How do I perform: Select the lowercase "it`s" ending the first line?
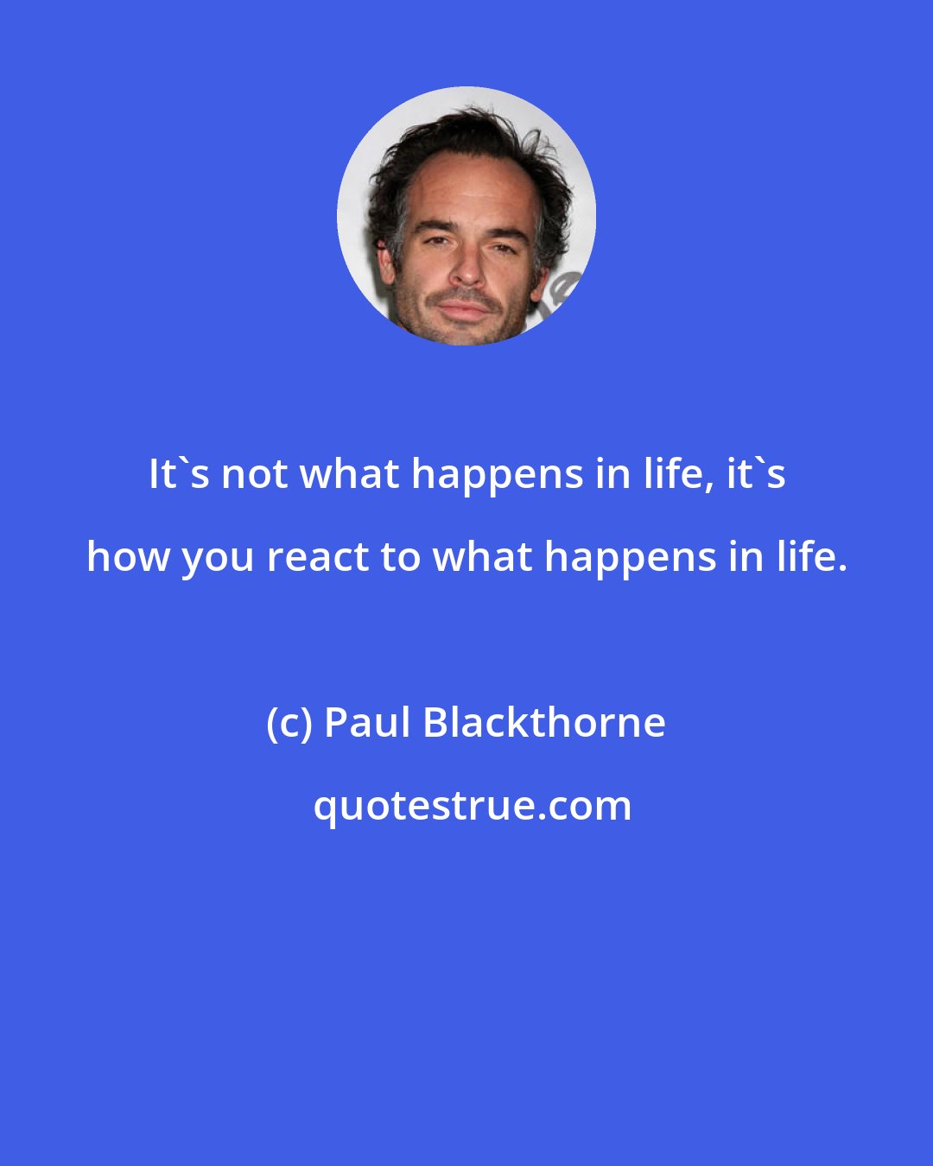click(755, 474)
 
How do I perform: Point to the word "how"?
click(126, 557)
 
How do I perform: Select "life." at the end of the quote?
click(811, 557)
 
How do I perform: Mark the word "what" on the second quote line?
click(484, 557)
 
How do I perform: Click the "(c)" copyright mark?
click(289, 723)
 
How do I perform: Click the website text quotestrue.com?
click(472, 806)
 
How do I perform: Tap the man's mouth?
click(466, 307)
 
